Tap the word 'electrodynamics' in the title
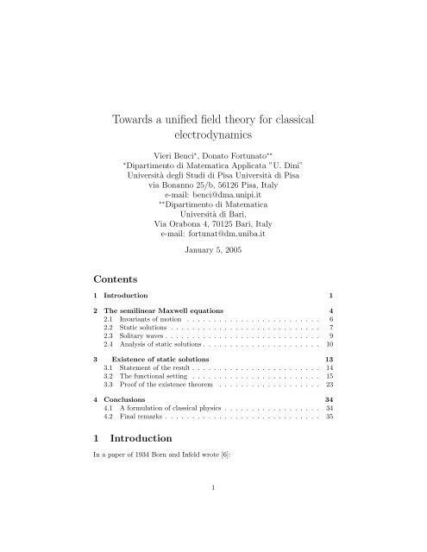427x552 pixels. pos(213,135)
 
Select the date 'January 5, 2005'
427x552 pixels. pos(213,253)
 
